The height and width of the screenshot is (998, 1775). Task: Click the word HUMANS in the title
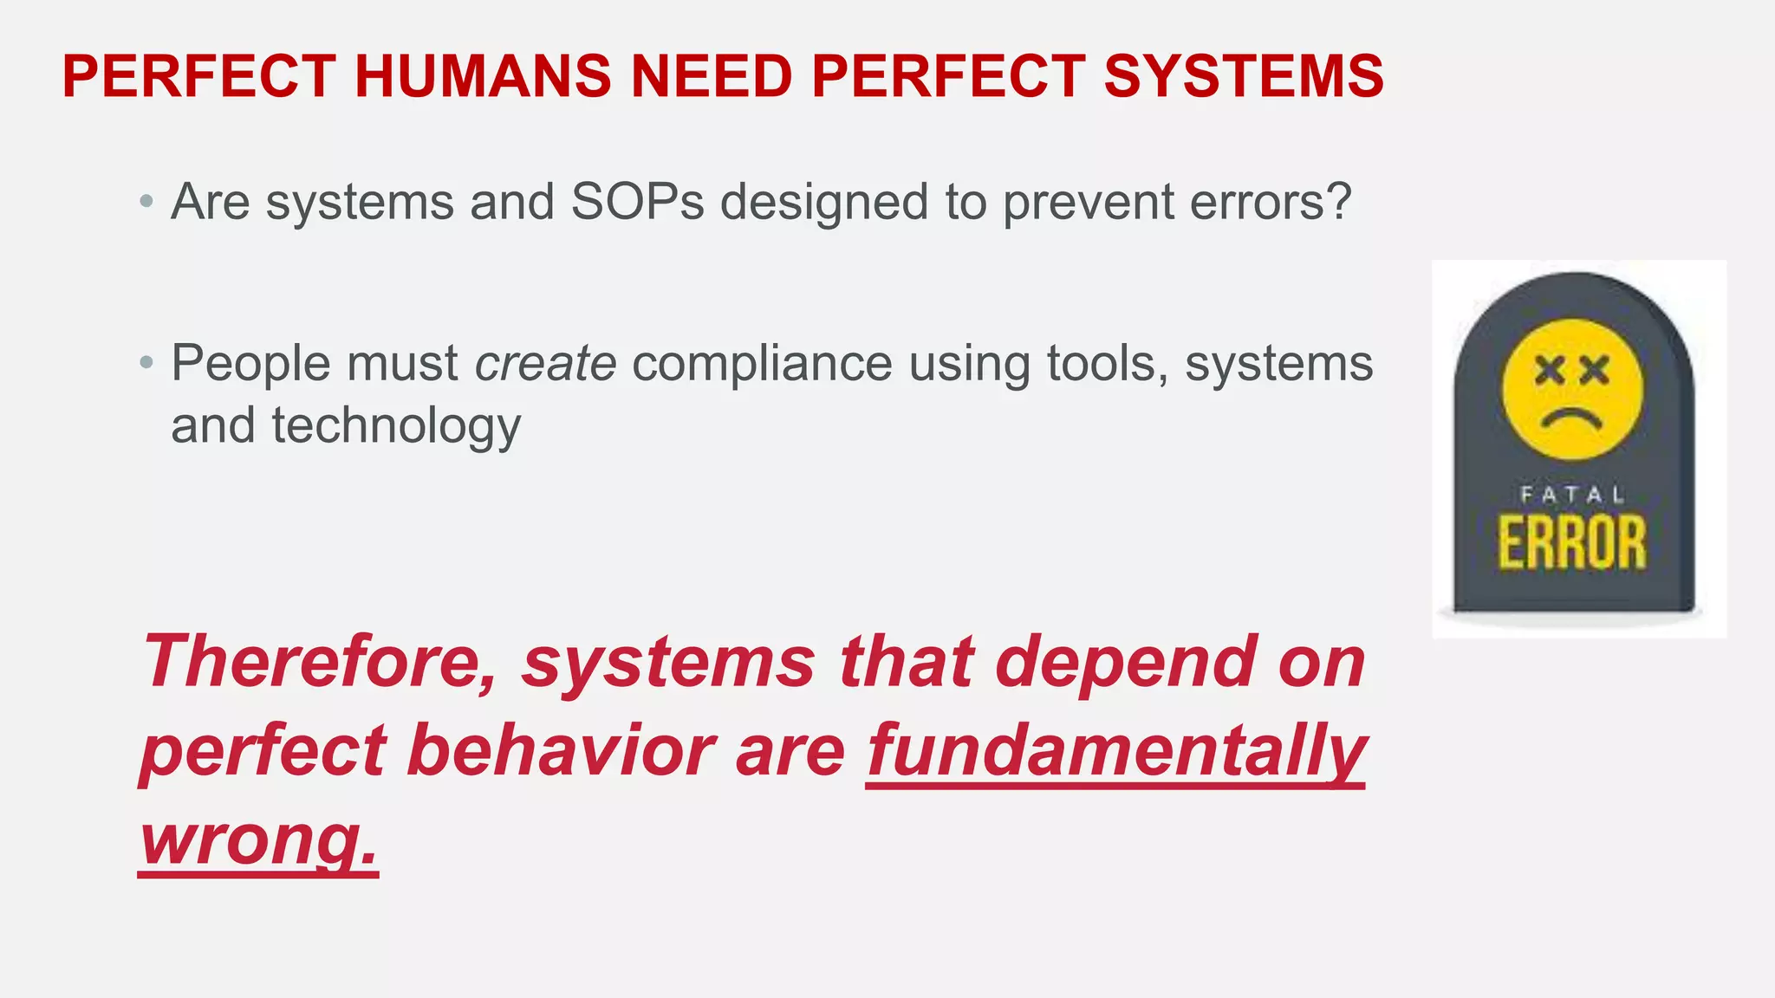point(482,76)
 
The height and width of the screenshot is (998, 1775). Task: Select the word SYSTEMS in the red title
point(1244,76)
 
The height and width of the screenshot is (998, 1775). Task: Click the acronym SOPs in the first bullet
point(637,202)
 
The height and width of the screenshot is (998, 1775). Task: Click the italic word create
point(545,363)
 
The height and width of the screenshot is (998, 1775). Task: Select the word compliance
point(762,364)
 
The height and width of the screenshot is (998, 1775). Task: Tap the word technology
point(396,426)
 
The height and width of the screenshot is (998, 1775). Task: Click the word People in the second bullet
point(250,364)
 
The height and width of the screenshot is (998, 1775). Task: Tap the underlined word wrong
point(258,839)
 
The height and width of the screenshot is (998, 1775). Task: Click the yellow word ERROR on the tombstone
point(1572,543)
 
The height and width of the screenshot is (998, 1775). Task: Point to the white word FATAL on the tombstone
point(1572,496)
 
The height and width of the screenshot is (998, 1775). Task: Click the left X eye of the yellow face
point(1549,371)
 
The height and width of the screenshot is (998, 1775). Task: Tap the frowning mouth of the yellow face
point(1571,419)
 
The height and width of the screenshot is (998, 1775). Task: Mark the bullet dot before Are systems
point(146,203)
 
